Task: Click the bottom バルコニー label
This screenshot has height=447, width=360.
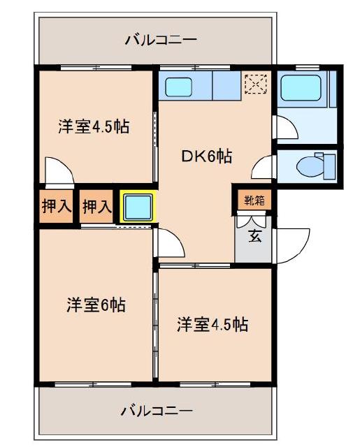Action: [155, 410]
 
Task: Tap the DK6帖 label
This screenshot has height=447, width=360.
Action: [207, 156]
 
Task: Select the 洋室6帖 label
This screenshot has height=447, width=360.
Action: [96, 305]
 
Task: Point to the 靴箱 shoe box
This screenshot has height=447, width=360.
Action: [254, 200]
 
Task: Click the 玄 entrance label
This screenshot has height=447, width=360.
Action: [255, 235]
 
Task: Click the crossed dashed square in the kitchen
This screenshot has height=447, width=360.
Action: [254, 84]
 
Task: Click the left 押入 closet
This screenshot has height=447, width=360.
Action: [55, 207]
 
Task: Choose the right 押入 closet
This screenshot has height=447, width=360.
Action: [96, 207]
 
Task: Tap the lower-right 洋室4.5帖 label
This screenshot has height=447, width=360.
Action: [213, 324]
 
